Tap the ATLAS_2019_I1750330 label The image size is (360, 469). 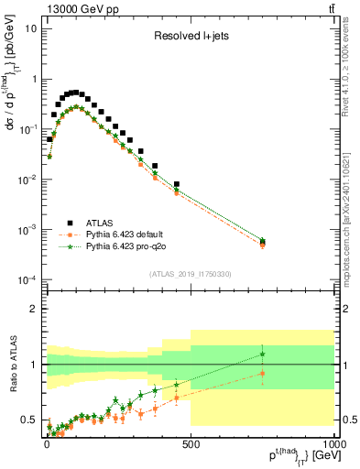tap(190, 274)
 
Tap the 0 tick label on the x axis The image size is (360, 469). tap(46, 442)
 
